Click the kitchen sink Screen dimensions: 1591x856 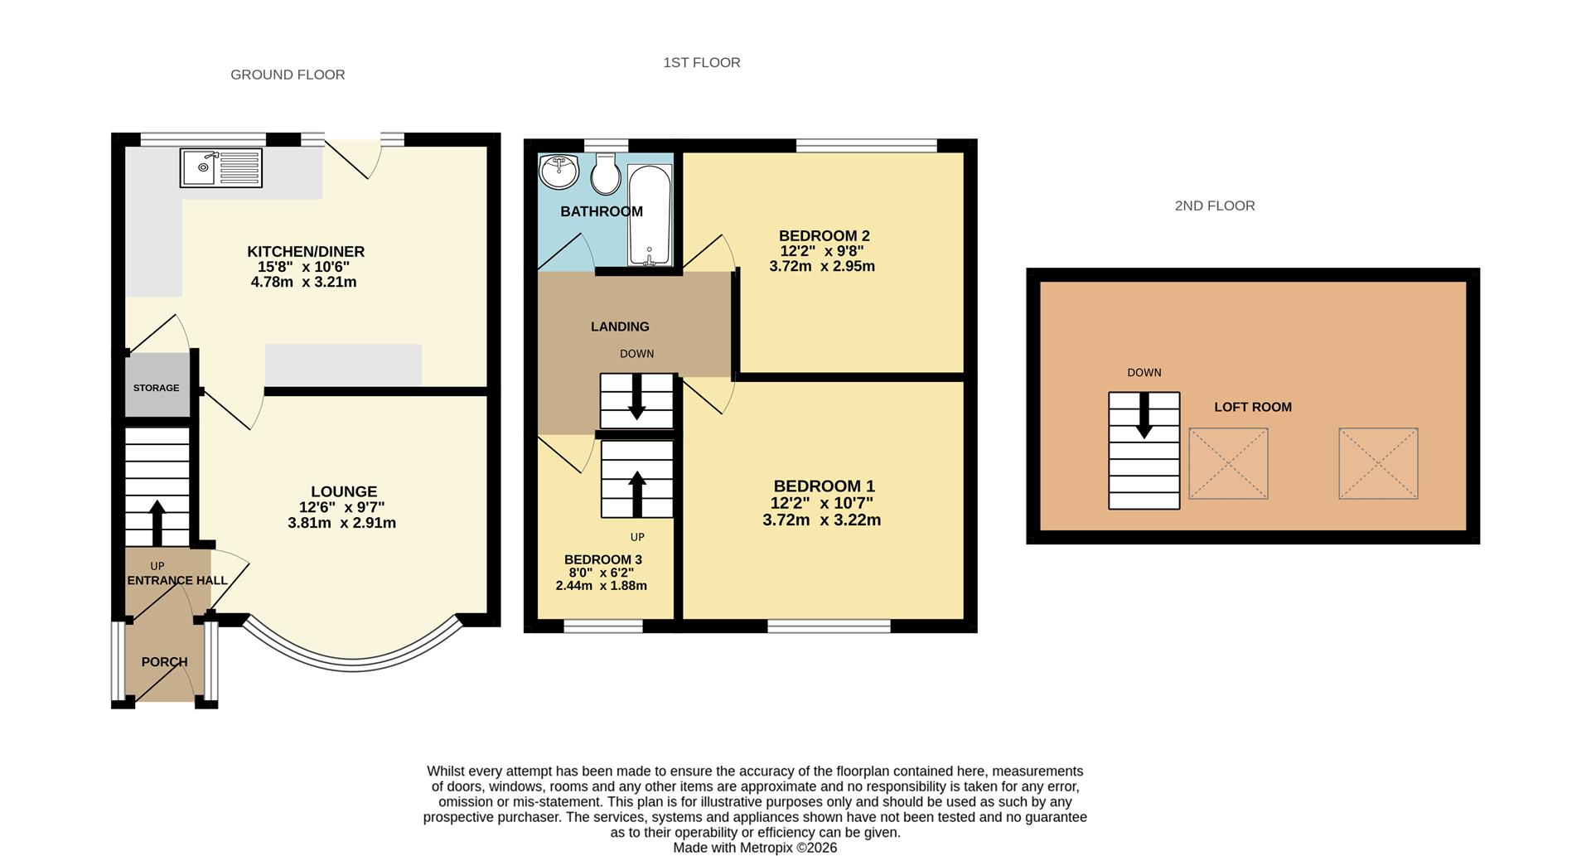click(220, 168)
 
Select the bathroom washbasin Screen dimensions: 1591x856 click(560, 172)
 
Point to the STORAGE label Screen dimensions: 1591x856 click(157, 388)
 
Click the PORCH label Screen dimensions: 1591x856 click(164, 662)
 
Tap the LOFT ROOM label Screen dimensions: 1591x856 click(1253, 407)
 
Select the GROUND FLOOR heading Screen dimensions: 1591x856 click(288, 75)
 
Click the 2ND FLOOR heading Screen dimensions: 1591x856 click(1215, 206)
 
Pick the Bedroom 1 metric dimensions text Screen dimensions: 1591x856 click(822, 520)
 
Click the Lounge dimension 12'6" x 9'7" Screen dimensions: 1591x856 click(342, 507)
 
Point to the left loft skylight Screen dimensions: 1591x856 click(1228, 463)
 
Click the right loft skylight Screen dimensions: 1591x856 click(1378, 463)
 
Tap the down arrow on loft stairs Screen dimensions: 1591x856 click(1144, 415)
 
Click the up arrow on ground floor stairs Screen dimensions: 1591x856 click(157, 523)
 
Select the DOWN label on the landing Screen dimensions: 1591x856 click(637, 354)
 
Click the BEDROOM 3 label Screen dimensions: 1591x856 click(603, 559)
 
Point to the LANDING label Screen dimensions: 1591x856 click(620, 326)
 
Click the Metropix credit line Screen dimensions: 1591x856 click(755, 848)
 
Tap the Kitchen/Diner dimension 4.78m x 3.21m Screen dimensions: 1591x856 click(303, 282)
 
